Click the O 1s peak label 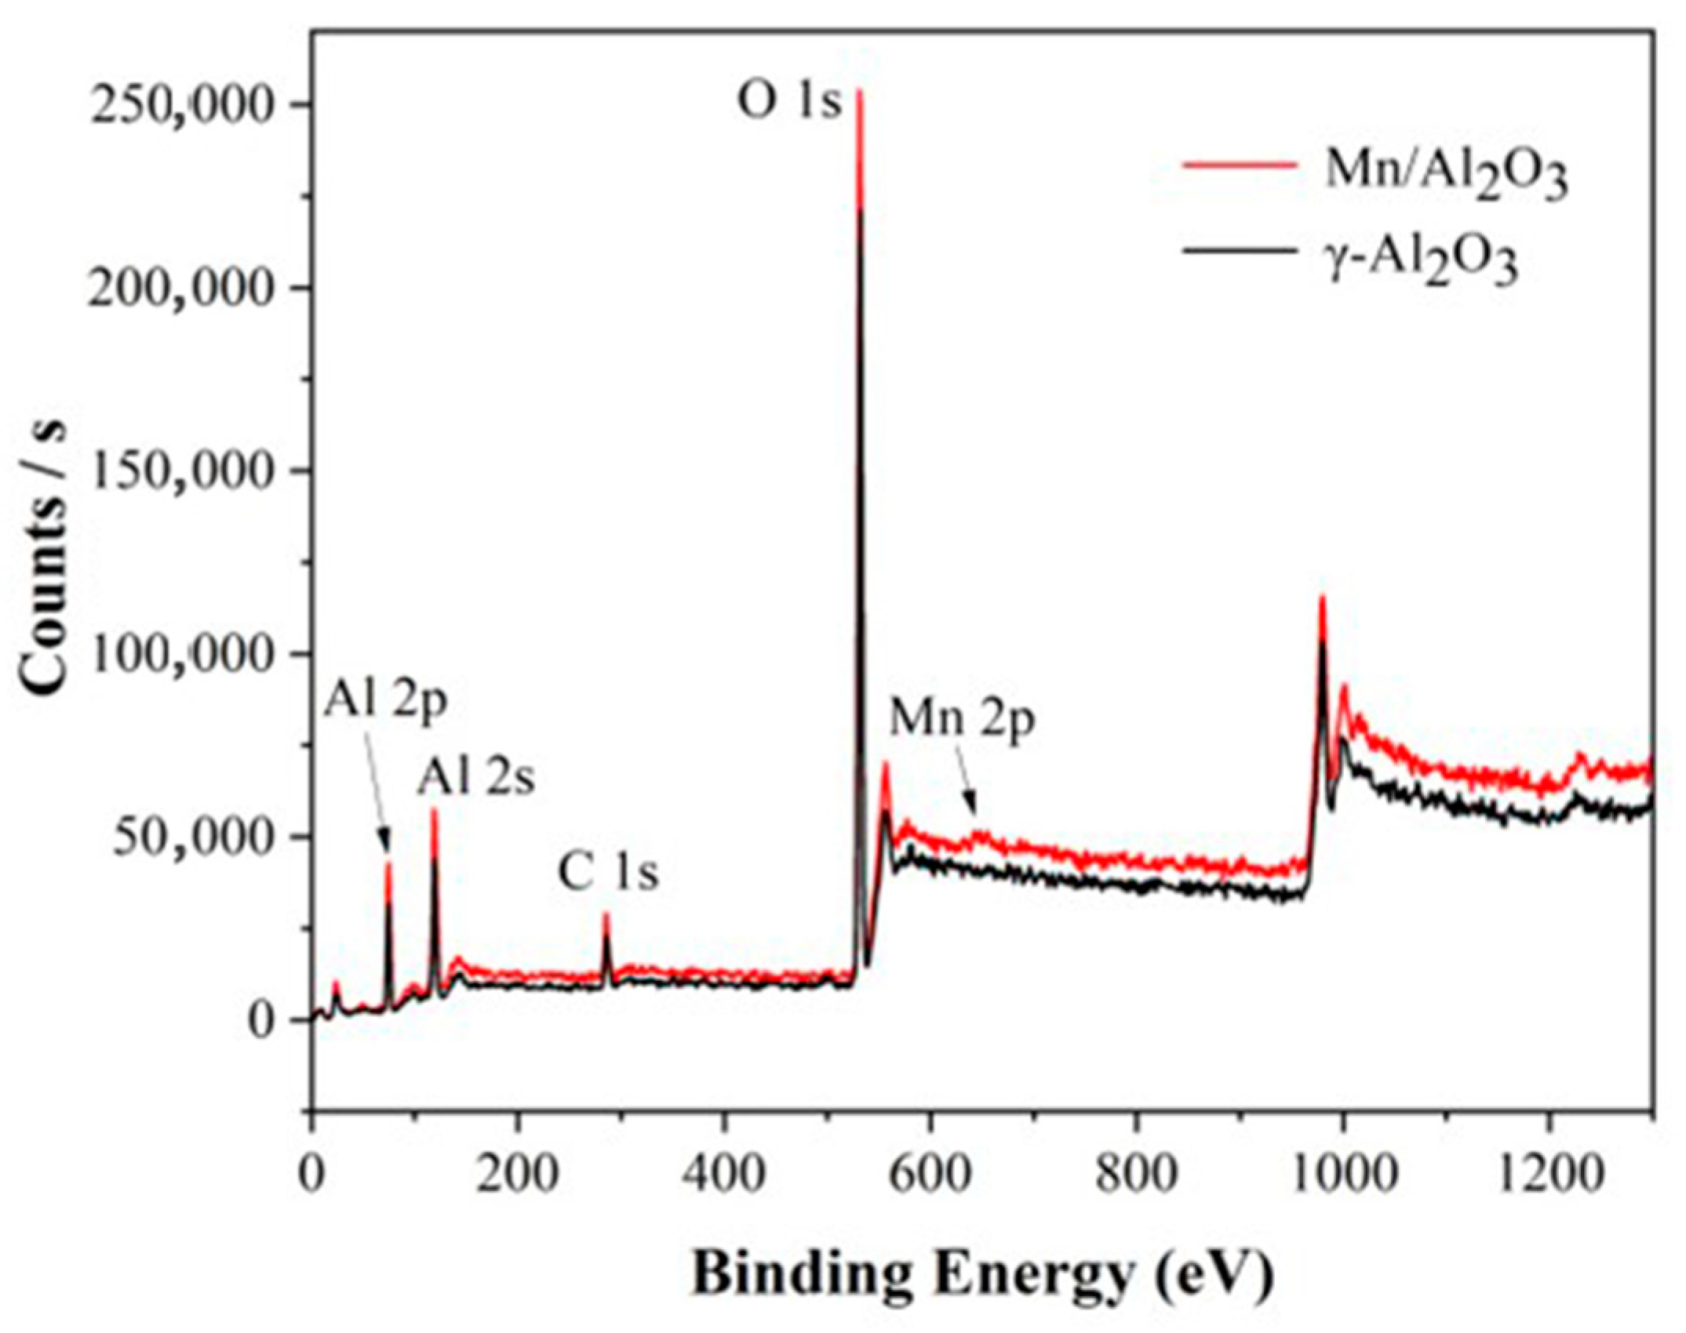(788, 104)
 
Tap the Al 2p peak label (385, 700)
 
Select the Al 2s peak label (475, 779)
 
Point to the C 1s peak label (608, 874)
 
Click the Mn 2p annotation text (962, 720)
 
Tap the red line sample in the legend (1238, 165)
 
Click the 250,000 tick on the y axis (183, 105)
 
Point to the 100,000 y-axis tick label (183, 654)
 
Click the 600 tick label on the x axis (930, 1175)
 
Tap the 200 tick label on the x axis (517, 1175)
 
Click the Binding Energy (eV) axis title (982, 1275)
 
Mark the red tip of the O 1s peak (860, 93)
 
